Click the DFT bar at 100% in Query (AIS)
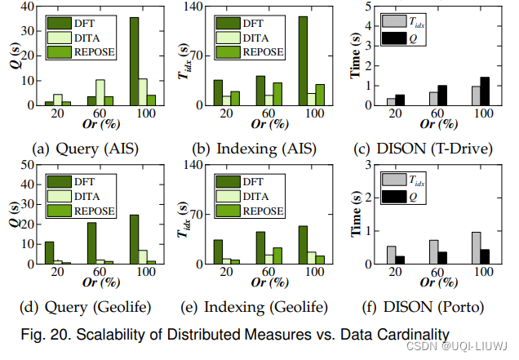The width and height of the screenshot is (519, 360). (133, 61)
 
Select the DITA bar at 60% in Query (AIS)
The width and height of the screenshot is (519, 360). (100, 92)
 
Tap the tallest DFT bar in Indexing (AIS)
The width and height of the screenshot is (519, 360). (302, 61)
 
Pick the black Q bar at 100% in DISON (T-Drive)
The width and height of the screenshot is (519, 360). (485, 91)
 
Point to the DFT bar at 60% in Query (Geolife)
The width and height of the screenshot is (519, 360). (91, 243)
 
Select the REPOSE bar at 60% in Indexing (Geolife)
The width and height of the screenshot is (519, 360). (277, 256)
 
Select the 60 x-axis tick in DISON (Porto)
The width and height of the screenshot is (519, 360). (437, 272)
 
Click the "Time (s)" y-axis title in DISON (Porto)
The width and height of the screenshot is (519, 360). (357, 215)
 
